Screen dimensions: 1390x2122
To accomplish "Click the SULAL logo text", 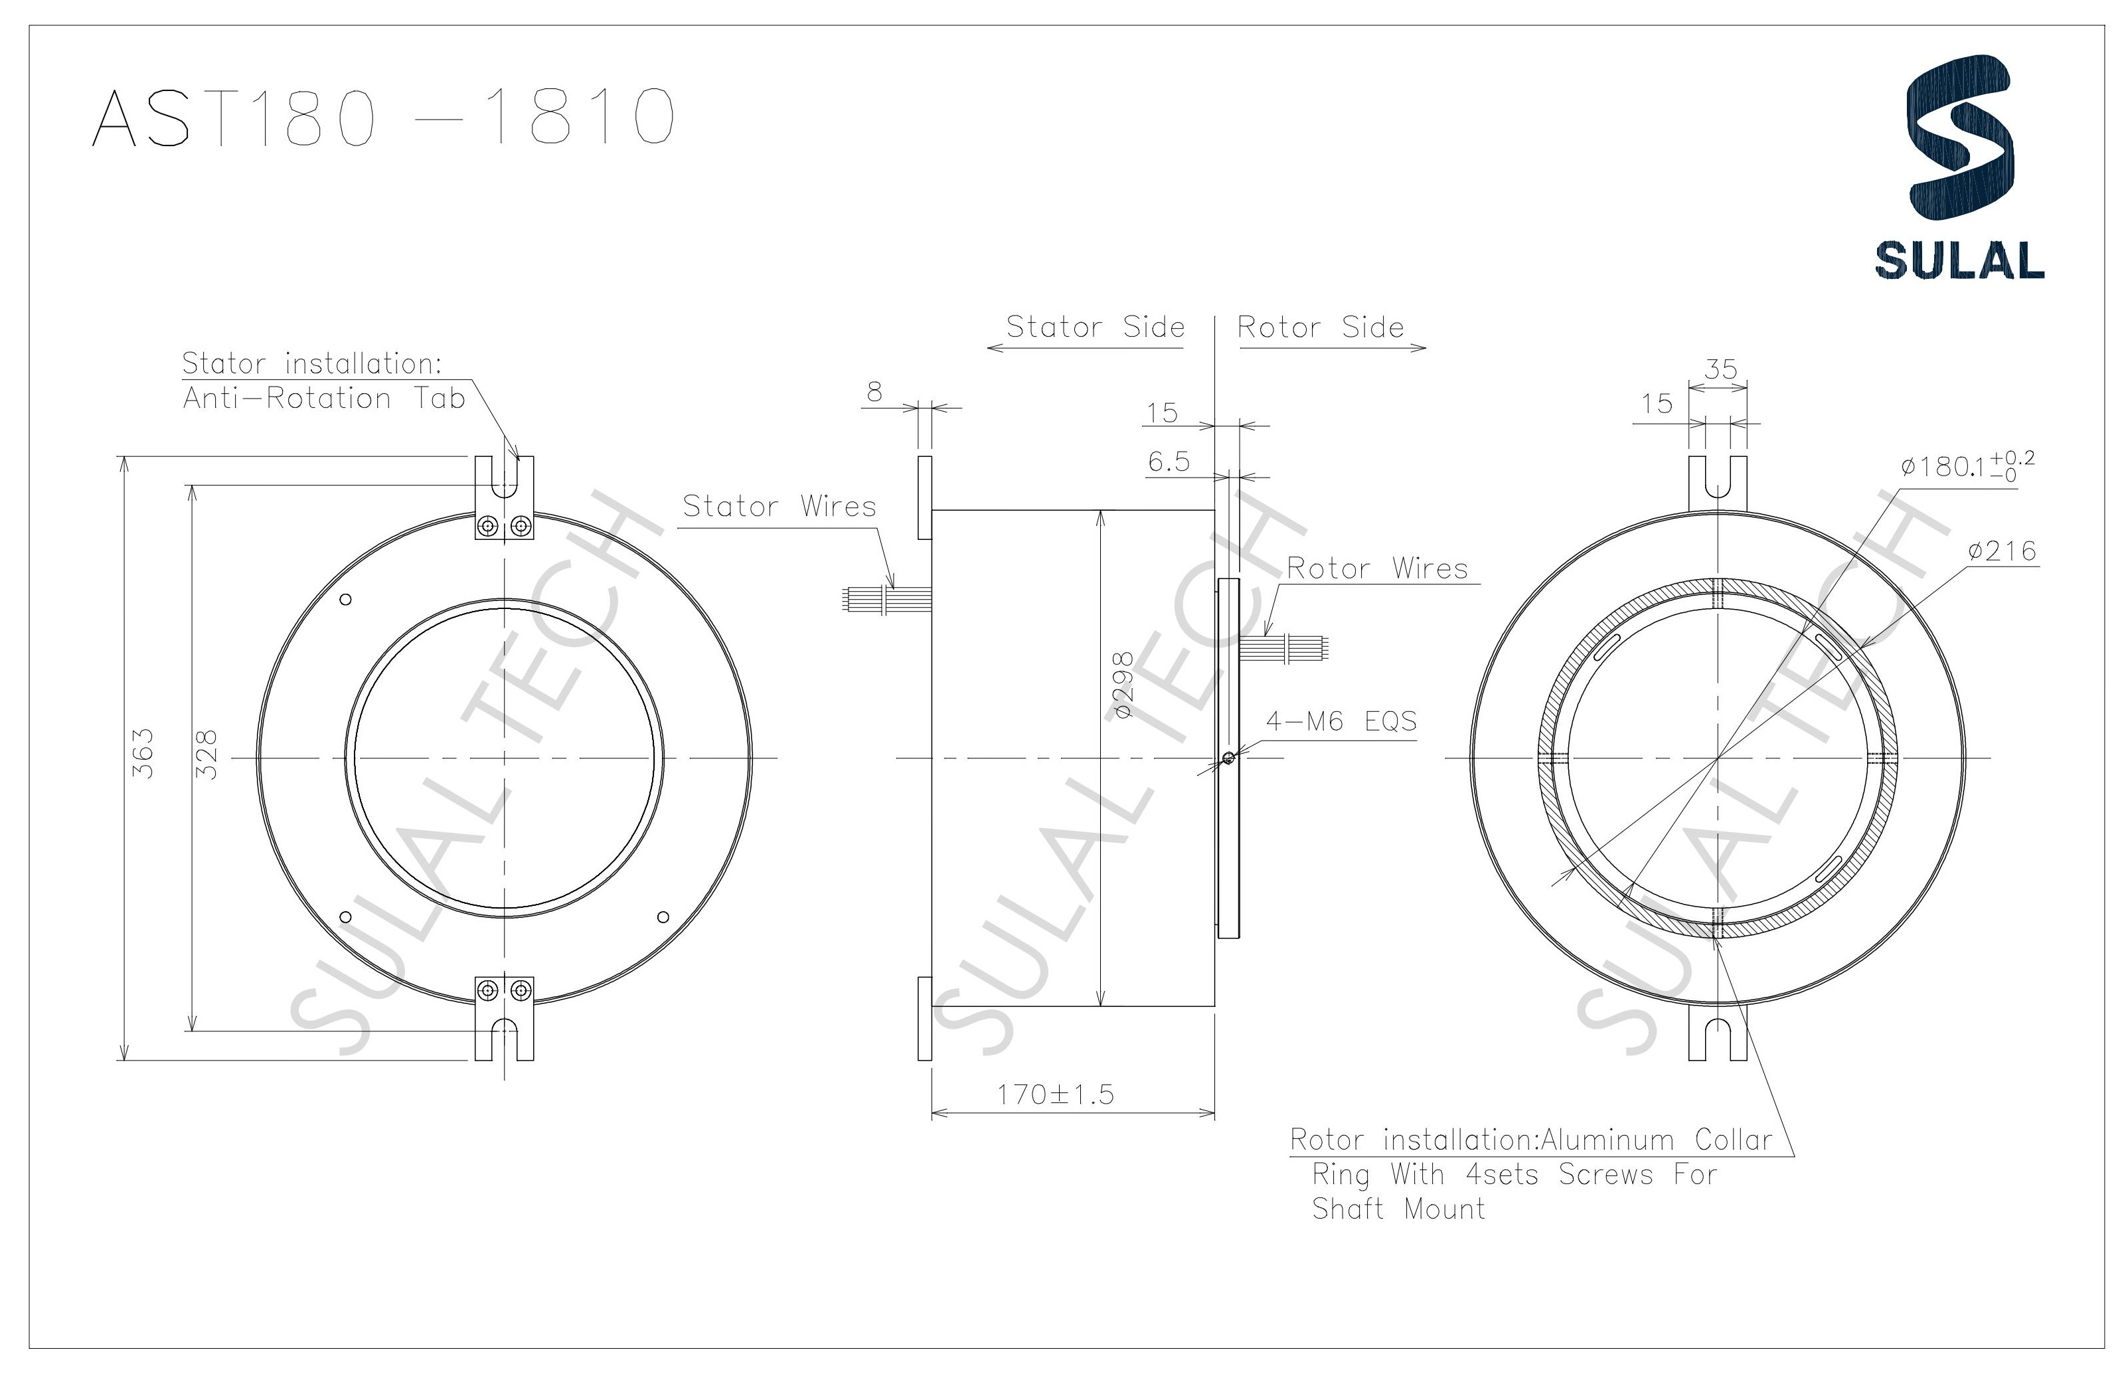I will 1959,260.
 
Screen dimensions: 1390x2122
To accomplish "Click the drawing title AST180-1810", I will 383,117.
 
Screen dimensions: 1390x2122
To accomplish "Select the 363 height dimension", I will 143,753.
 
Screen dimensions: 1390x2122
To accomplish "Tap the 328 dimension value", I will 206,754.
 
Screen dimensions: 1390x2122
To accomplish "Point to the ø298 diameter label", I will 1123,685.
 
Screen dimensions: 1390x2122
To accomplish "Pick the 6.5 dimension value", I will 1168,462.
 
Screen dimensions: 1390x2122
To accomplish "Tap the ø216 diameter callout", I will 2002,552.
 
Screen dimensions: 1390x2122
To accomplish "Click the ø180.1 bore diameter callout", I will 1966,466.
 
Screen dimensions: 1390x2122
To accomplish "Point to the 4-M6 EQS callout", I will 1341,721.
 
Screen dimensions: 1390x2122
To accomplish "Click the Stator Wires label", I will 779,507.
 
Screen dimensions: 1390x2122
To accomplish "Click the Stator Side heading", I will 1095,327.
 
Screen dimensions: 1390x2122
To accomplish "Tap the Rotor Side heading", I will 1321,327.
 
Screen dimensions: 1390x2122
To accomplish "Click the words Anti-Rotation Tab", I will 323,398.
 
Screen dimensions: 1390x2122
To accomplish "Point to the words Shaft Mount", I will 1398,1209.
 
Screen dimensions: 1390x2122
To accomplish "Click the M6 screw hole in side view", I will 1228,758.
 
